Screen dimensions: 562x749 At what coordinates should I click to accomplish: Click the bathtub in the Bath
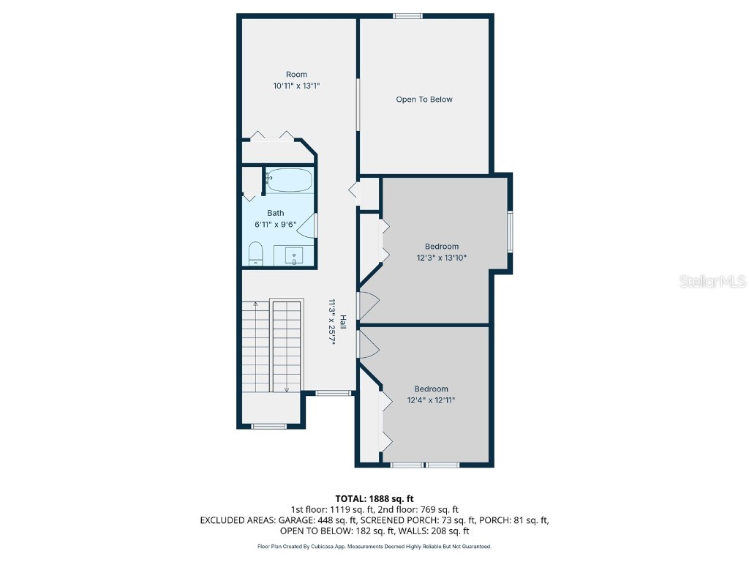coord(290,180)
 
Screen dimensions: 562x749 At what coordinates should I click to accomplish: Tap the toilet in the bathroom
coord(255,255)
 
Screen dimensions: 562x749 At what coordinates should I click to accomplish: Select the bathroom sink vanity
coord(294,255)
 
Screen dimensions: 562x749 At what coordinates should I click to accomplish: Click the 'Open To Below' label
coord(424,100)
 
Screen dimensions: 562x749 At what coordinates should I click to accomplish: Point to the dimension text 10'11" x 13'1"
coord(296,86)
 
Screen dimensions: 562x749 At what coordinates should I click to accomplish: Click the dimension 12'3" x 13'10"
coord(437,258)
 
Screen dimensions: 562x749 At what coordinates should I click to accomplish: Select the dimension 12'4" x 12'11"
coord(432,400)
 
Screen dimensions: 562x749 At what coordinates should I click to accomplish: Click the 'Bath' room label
coord(275,213)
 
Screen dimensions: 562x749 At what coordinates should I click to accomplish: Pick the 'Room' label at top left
coord(296,74)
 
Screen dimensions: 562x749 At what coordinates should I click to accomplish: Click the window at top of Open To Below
coord(407,15)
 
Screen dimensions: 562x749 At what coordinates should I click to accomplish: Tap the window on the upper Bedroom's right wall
coord(510,231)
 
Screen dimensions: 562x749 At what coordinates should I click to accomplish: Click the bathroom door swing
coord(309,226)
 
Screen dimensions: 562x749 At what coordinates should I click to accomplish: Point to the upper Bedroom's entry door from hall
coord(368,305)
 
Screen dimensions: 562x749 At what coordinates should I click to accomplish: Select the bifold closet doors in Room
coord(271,135)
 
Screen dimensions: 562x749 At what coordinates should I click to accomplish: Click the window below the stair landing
coord(268,426)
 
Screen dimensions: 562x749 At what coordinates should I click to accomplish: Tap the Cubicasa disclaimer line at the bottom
coord(374,546)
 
